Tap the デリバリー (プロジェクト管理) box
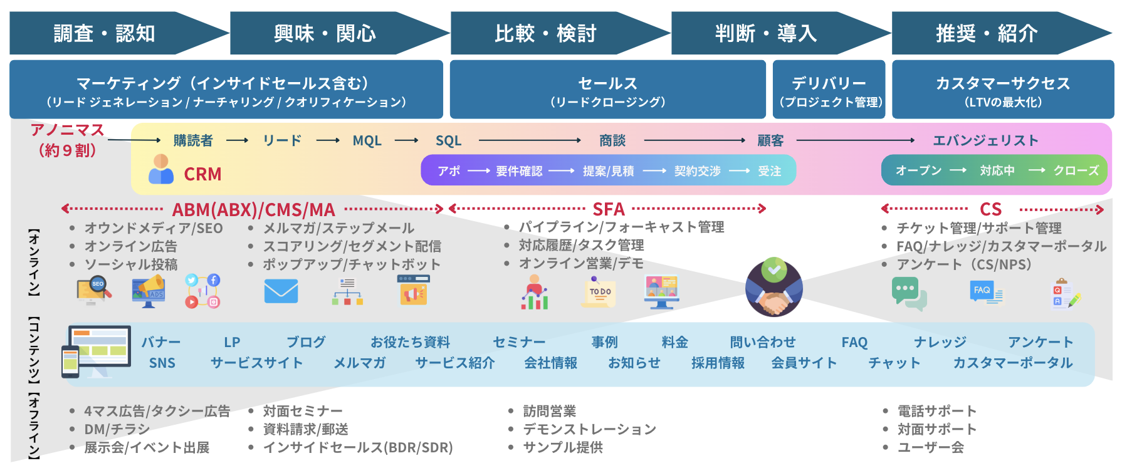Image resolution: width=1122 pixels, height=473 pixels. (x=829, y=90)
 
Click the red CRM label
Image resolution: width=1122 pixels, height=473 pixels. (x=202, y=174)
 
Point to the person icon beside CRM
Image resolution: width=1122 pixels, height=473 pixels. (x=161, y=169)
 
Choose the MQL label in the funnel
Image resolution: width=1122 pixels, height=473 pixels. (x=367, y=141)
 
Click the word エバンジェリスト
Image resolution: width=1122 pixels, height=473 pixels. (x=985, y=141)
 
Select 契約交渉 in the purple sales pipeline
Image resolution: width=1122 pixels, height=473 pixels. (x=697, y=171)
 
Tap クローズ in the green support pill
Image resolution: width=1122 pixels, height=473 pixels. (x=1076, y=170)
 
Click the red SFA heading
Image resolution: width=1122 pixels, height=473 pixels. (x=608, y=209)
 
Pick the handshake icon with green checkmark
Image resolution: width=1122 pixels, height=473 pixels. (x=774, y=288)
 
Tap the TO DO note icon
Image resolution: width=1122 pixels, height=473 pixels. (x=599, y=292)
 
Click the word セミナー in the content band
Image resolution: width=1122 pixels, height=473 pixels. (x=518, y=342)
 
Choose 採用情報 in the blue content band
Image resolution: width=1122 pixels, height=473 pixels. (x=718, y=363)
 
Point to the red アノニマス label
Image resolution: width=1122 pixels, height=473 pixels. (x=67, y=130)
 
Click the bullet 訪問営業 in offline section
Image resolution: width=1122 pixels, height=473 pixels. (x=549, y=411)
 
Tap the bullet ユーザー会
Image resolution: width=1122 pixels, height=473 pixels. (x=930, y=447)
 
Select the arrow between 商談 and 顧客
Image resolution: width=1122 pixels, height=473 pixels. (x=694, y=141)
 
